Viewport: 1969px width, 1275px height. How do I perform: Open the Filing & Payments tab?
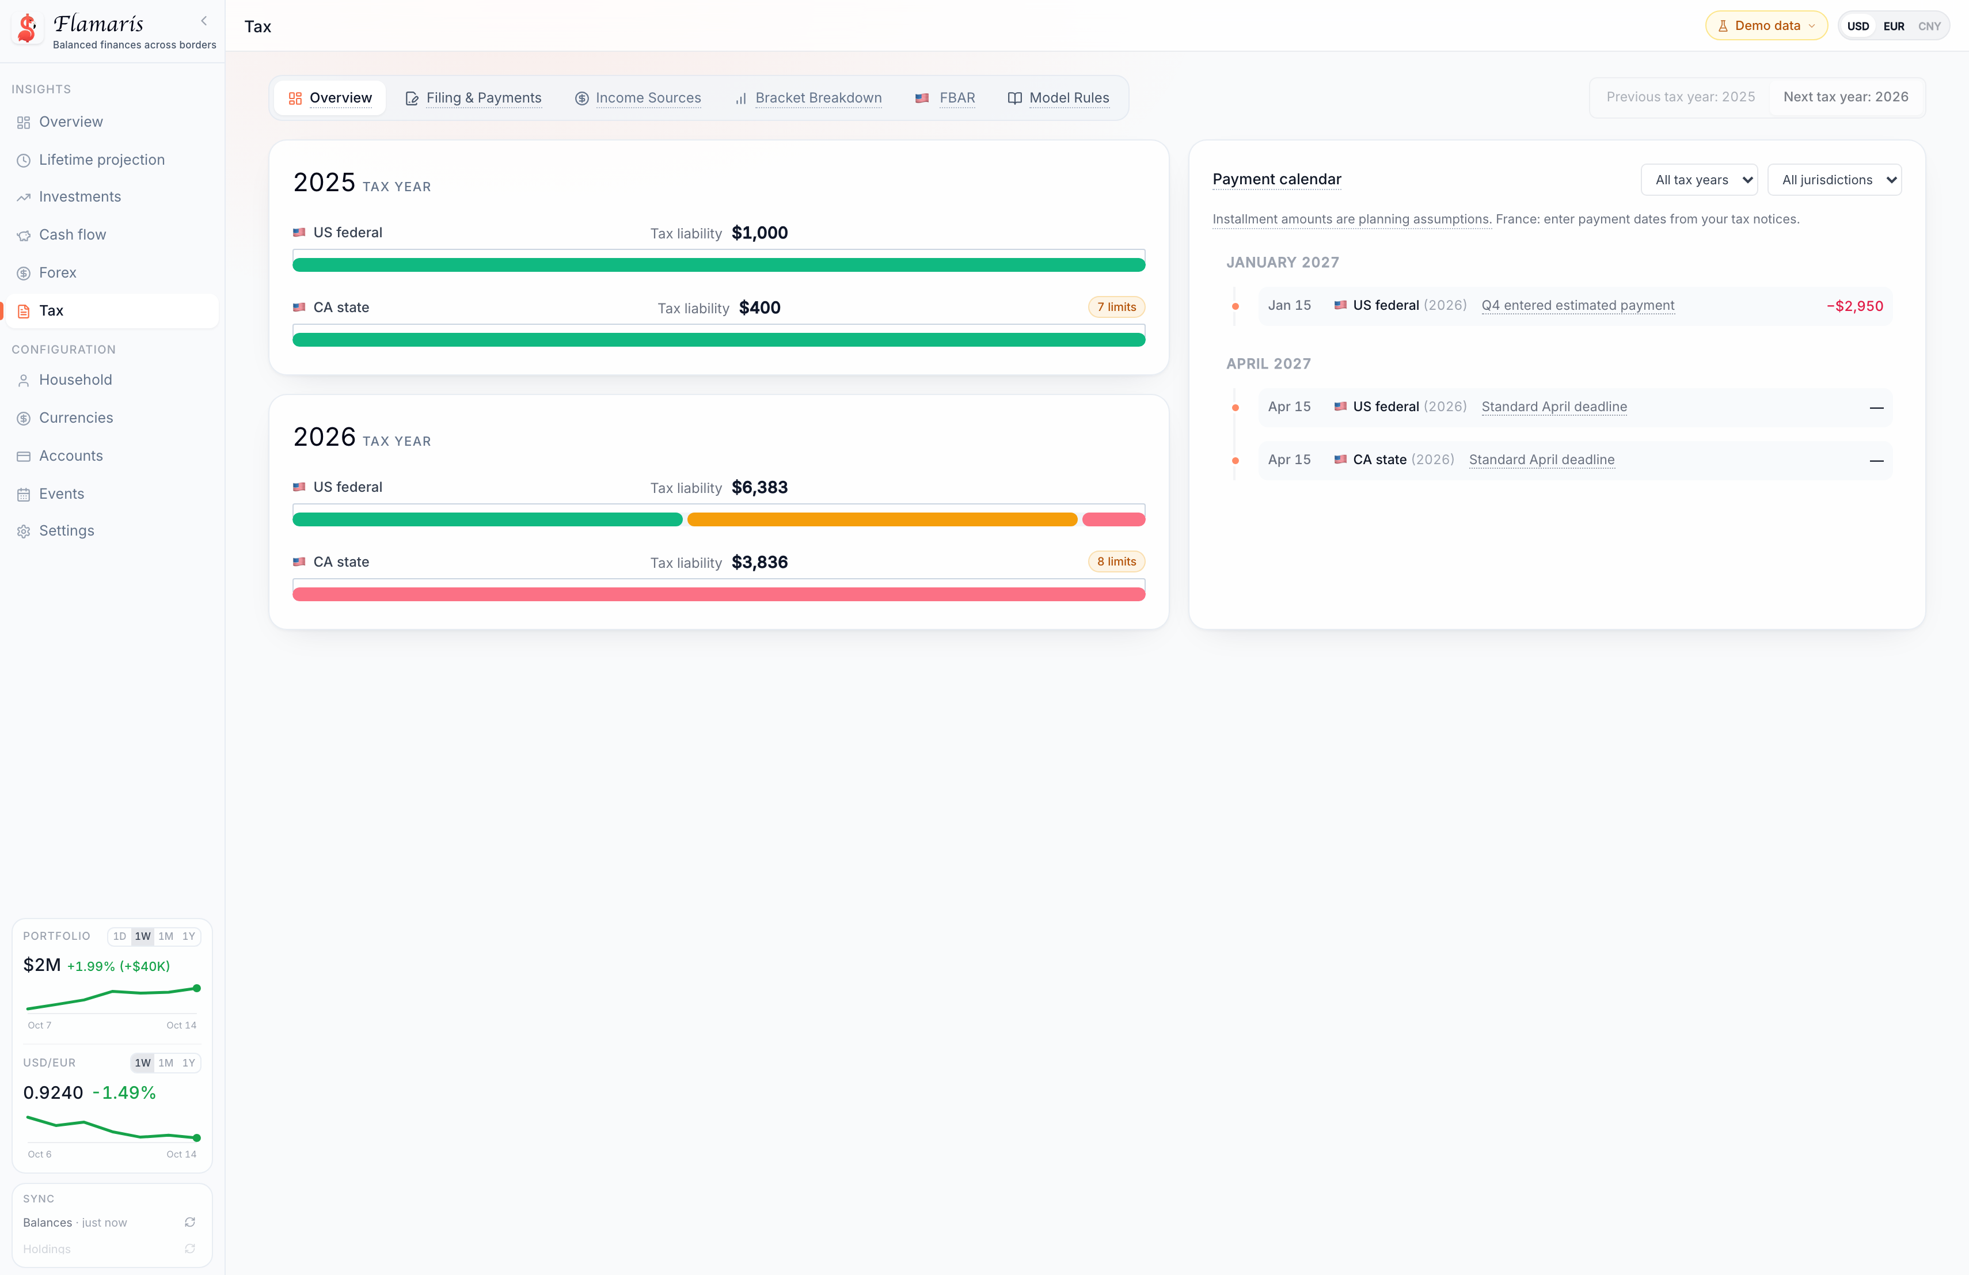[473, 98]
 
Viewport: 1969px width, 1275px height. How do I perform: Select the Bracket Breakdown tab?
[808, 98]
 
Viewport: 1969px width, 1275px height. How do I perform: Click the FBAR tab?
[945, 98]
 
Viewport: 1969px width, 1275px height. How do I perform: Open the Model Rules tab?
[1058, 98]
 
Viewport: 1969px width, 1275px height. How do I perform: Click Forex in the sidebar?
[58, 272]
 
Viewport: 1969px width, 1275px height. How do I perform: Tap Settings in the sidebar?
[66, 530]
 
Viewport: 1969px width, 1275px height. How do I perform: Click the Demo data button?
[1766, 26]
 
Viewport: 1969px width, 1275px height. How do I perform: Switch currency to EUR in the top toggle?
[1894, 26]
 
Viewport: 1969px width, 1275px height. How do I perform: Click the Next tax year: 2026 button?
[1846, 97]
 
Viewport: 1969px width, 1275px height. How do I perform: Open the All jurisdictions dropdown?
[1834, 180]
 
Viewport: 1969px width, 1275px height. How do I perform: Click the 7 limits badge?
[1116, 307]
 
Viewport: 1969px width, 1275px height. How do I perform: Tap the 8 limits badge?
[1116, 562]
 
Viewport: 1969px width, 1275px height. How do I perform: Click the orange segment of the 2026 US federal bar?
[882, 519]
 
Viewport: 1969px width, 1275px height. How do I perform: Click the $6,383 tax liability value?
[759, 487]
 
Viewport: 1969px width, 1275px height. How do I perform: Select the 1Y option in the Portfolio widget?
[189, 936]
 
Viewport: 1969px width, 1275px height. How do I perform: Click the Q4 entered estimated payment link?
[1578, 305]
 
